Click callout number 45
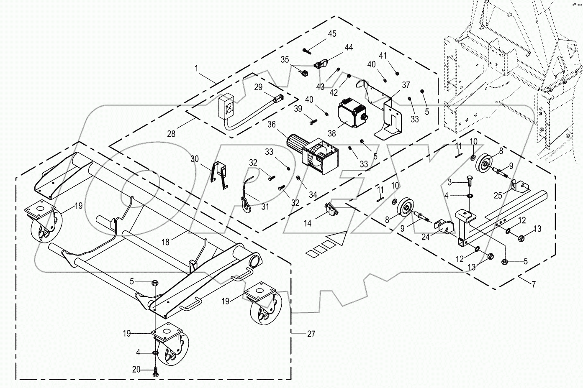pyautogui.click(x=332, y=34)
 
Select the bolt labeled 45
pyautogui.click(x=307, y=51)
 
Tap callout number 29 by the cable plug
pyautogui.click(x=258, y=87)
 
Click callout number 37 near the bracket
pyautogui.click(x=406, y=85)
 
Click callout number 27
pyautogui.click(x=311, y=334)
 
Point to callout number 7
pyautogui.click(x=534, y=284)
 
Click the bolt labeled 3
pyautogui.click(x=469, y=182)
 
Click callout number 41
pyautogui.click(x=383, y=55)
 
